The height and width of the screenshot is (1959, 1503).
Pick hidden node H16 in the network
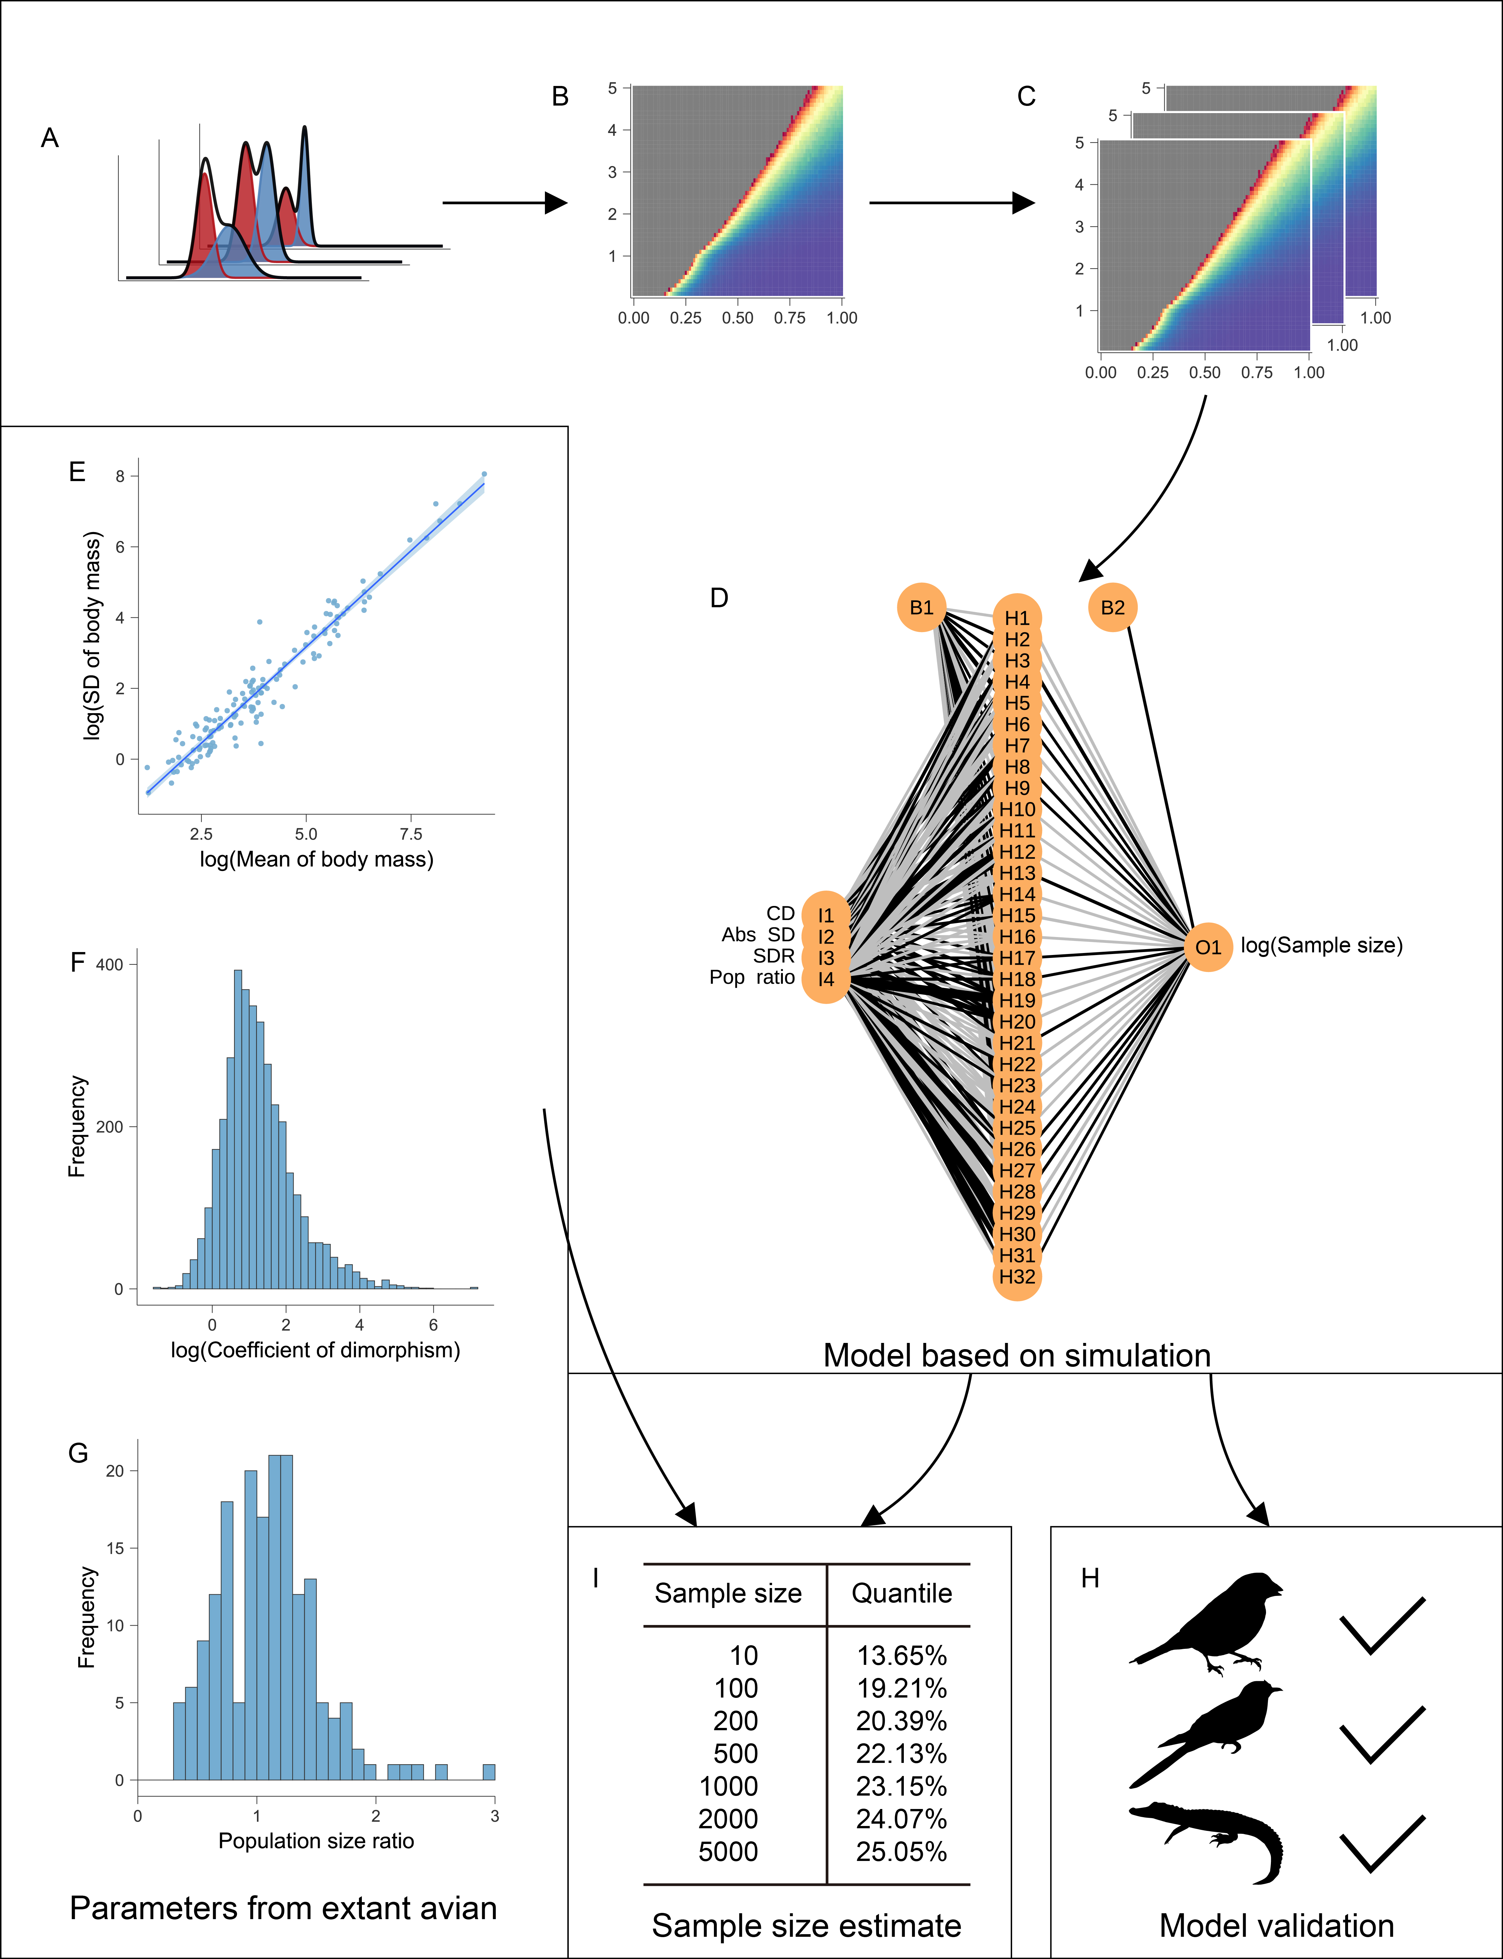coord(1017,937)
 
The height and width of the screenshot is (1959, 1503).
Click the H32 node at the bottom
coord(1017,1277)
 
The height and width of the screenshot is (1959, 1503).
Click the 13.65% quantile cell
coord(901,1656)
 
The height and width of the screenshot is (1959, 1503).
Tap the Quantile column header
coord(901,1593)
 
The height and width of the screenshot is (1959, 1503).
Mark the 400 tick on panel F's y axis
coord(110,964)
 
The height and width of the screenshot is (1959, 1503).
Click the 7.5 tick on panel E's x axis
coord(411,834)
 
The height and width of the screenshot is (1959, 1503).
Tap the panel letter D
coord(719,597)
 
